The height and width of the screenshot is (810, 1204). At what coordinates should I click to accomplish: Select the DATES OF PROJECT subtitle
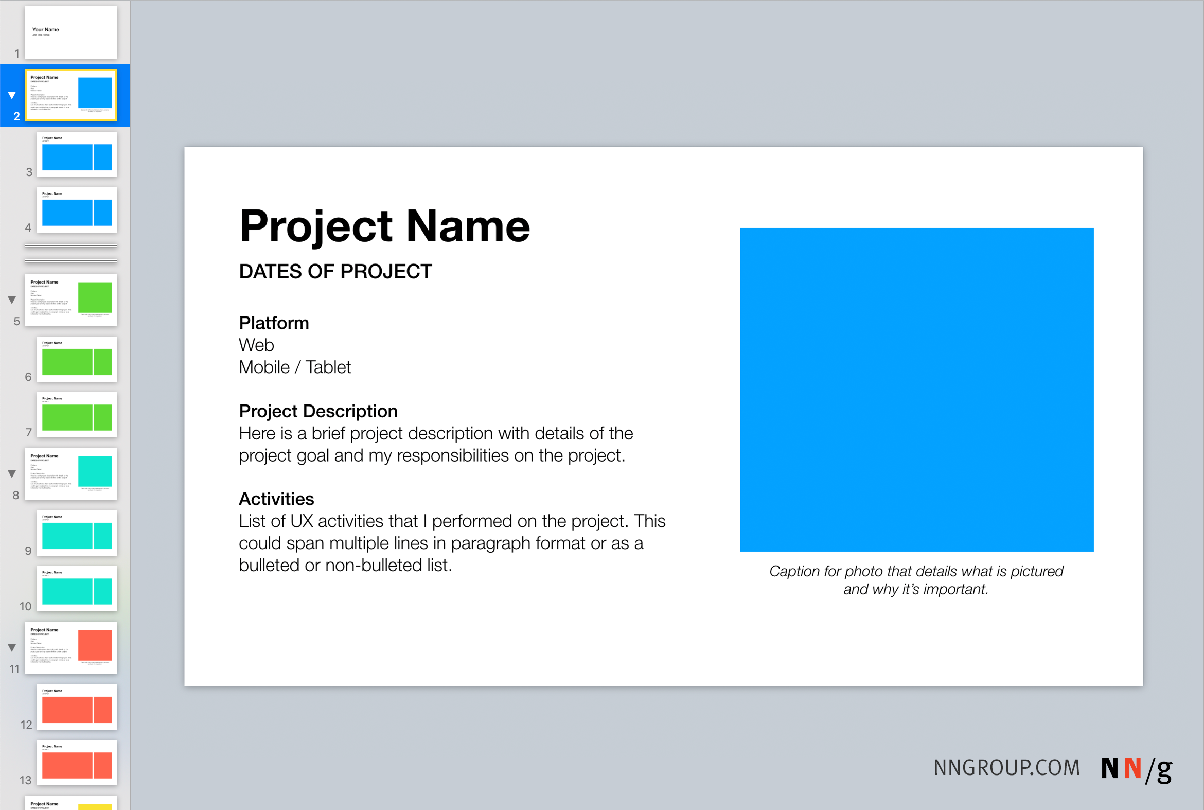tap(335, 272)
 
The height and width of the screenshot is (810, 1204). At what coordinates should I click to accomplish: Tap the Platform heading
tap(274, 323)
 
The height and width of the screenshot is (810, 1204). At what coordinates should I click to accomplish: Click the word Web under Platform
tap(256, 345)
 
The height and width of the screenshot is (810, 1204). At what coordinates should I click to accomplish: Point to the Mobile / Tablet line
tap(294, 367)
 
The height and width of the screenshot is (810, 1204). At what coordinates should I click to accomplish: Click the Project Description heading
tap(317, 411)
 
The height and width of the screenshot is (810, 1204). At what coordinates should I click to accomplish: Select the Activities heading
tap(276, 499)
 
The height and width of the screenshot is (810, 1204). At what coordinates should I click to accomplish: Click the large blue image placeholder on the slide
tap(916, 390)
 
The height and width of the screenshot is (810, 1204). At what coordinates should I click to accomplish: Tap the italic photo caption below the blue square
tap(916, 580)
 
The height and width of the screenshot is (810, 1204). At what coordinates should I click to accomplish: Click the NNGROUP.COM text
tap(1006, 768)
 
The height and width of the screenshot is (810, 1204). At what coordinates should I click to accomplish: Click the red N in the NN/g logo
tap(1132, 769)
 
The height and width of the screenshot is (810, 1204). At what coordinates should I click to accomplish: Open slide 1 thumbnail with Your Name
tap(71, 32)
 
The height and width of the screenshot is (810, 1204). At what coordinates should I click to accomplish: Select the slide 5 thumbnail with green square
tap(71, 300)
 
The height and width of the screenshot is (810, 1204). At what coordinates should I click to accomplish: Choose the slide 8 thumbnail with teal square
tap(71, 474)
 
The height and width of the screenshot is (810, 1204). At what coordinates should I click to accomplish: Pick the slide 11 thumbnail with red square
tap(71, 648)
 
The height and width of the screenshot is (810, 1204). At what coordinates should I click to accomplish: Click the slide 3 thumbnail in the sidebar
tap(77, 154)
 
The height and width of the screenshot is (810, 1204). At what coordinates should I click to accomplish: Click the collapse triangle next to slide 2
tap(12, 95)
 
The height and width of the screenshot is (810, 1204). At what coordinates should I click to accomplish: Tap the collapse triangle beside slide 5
tap(12, 300)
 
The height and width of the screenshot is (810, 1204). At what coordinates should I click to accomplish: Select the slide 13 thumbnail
tap(77, 763)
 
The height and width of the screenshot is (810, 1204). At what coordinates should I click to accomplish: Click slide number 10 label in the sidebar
tap(25, 606)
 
